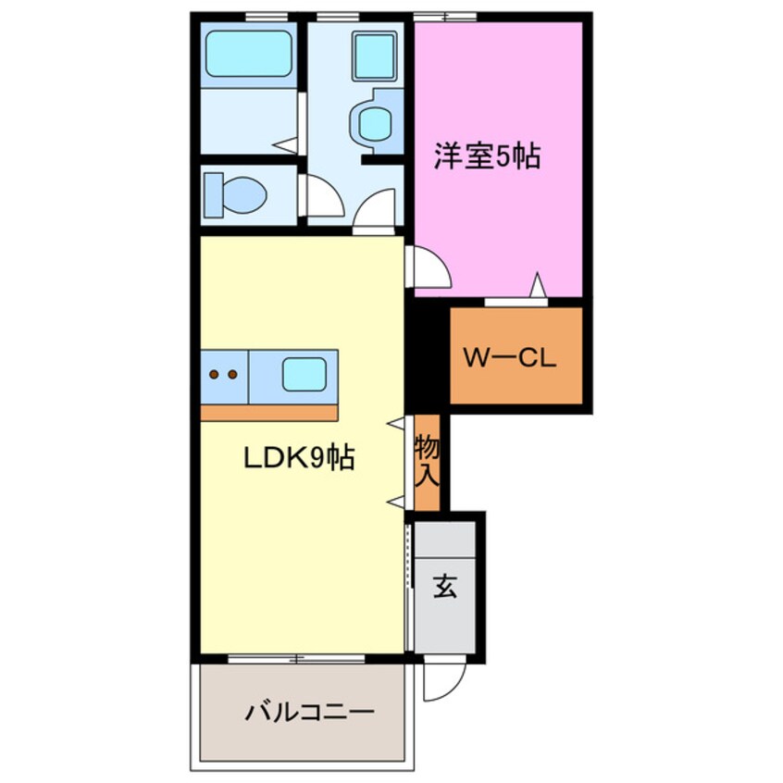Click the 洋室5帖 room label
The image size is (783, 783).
tap(488, 158)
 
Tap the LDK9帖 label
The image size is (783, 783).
tap(298, 457)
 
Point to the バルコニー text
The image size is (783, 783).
tap(309, 713)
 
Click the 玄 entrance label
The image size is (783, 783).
tap(445, 588)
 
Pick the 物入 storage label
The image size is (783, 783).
tap(427, 462)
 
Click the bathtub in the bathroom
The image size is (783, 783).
tap(248, 54)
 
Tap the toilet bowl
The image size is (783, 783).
tap(238, 193)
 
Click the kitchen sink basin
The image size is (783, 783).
tap(304, 374)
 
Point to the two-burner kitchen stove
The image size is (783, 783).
tap(224, 375)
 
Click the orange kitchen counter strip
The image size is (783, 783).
tap(268, 412)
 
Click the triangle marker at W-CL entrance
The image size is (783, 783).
tap(536, 287)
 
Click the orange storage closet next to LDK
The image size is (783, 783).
tap(427, 463)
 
